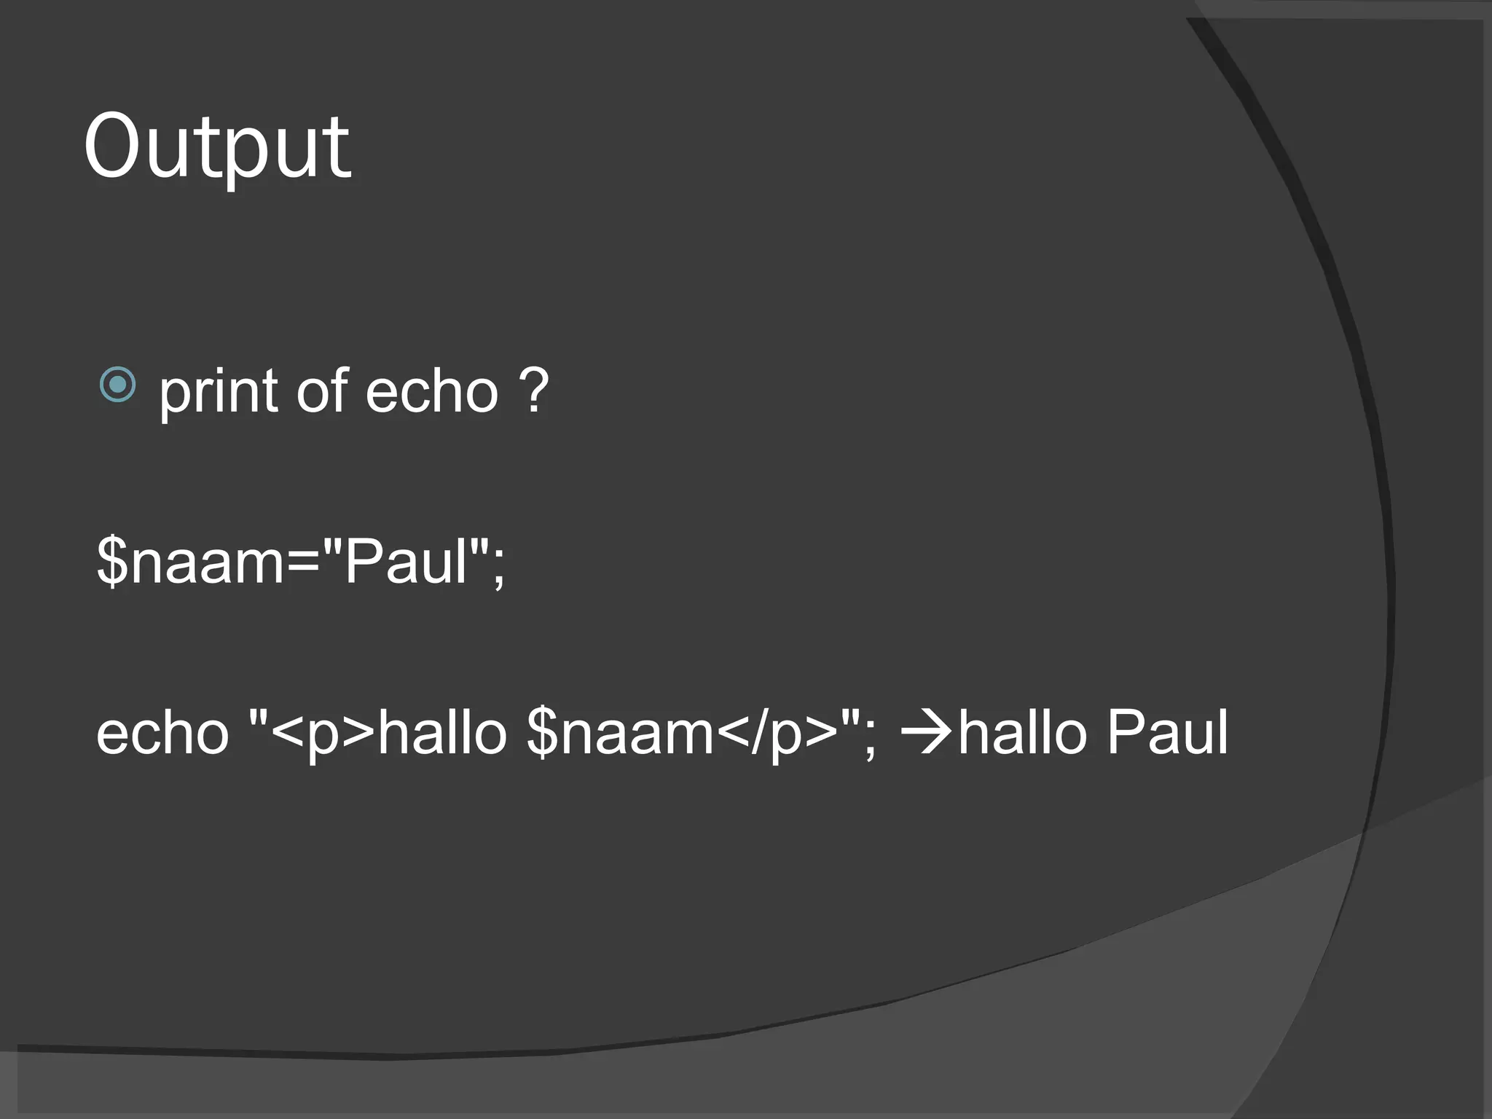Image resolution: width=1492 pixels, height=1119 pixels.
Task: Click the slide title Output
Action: [217, 149]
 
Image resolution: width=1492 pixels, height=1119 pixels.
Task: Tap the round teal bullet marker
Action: [117, 384]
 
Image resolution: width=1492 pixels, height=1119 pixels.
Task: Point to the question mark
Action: [534, 391]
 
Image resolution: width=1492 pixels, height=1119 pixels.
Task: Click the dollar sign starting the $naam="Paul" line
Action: [113, 561]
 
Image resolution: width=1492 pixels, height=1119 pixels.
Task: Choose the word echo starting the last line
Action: [162, 733]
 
